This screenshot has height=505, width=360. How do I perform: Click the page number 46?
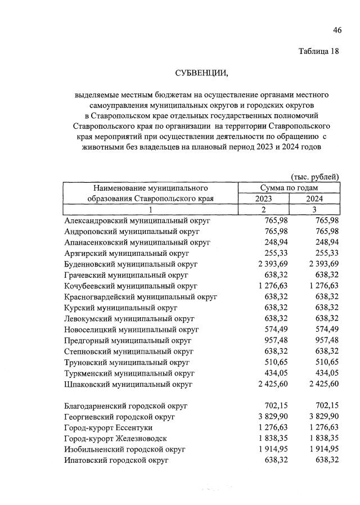[x=337, y=29]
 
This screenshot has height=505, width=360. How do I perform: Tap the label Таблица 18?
[x=319, y=52]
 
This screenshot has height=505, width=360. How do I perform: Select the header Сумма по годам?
[x=289, y=187]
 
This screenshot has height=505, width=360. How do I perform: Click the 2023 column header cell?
[x=264, y=199]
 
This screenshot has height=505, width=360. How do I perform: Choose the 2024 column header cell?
[x=314, y=199]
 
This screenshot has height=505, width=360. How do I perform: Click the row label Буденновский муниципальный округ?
[x=131, y=263]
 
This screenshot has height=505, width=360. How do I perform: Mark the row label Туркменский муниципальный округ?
[x=129, y=373]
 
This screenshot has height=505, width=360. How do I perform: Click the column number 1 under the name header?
[x=151, y=209]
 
